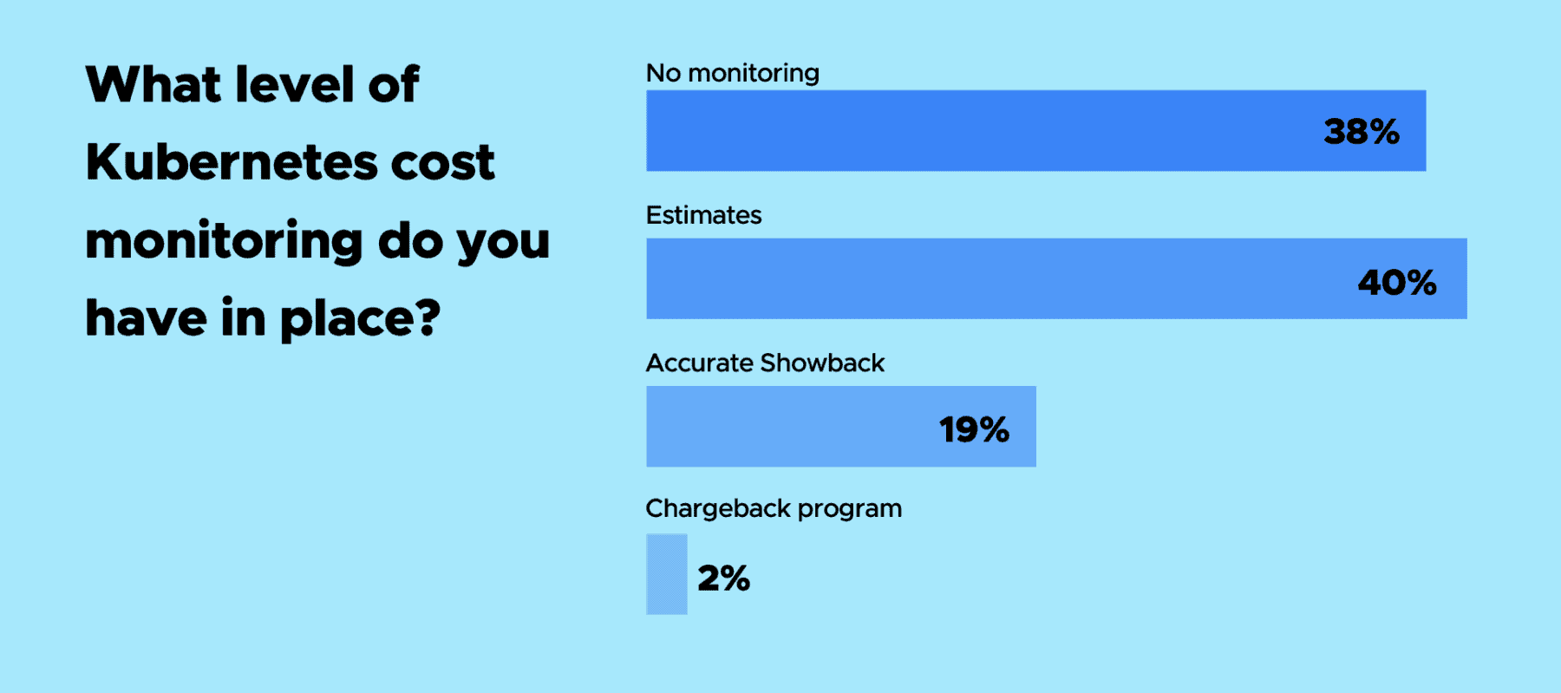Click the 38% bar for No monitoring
coord(1035,131)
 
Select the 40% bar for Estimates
coord(1056,278)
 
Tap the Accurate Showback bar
coord(841,427)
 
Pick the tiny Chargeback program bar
coord(667,574)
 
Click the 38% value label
coord(1362,132)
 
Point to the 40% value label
coord(1397,283)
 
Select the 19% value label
coord(974,430)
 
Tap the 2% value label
coord(723,579)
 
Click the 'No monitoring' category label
coord(733,73)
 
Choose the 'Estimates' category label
coord(703,215)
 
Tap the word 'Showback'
coord(822,363)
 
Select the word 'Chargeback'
coord(718,508)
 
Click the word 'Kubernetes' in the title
coord(232,161)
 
